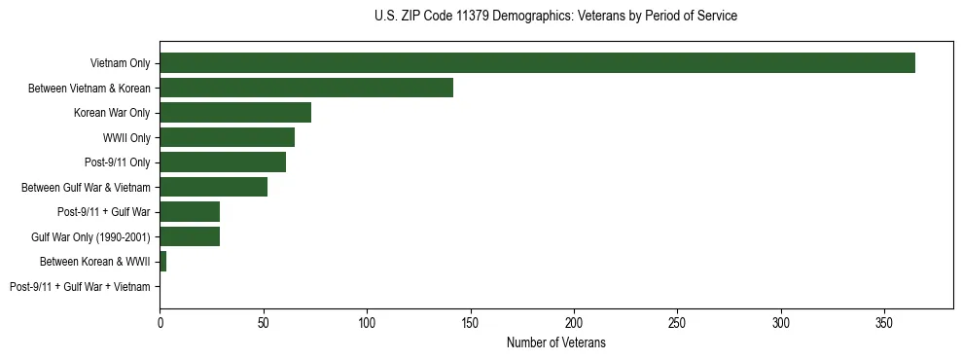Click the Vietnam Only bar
click(537, 63)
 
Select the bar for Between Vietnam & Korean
click(306, 88)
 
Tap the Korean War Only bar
click(235, 113)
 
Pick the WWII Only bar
click(227, 137)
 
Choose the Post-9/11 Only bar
click(223, 162)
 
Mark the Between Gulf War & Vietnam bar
click(213, 187)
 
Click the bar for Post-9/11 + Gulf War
click(190, 212)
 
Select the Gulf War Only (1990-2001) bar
click(190, 236)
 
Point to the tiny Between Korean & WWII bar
click(163, 262)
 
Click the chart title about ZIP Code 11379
click(555, 16)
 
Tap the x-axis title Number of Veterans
click(555, 342)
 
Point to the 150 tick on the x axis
click(471, 322)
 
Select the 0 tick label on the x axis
click(160, 322)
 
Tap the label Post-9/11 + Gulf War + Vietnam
click(80, 287)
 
